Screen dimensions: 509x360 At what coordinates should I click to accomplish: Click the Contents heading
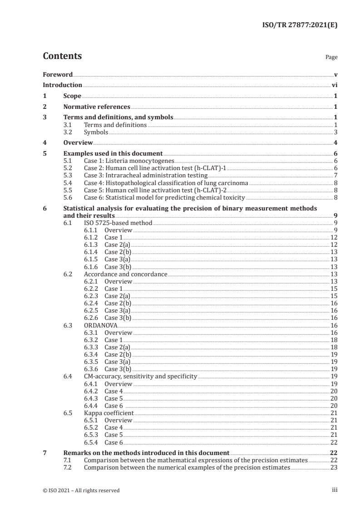[62, 57]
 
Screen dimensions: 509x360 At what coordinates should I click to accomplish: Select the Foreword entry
[58, 74]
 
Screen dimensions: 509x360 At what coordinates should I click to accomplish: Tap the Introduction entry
[62, 85]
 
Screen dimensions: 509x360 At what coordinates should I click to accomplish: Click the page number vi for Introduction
[334, 85]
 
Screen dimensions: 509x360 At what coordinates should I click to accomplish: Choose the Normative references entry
[97, 107]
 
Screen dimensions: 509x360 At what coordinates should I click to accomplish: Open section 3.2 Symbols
[96, 132]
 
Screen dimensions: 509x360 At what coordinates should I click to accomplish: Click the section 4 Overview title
[78, 143]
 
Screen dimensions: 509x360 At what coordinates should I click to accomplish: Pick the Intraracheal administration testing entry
[146, 175]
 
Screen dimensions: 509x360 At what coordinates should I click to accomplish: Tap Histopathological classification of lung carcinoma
[167, 183]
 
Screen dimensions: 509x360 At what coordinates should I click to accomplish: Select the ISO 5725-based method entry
[118, 223]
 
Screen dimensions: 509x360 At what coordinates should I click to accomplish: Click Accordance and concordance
[126, 274]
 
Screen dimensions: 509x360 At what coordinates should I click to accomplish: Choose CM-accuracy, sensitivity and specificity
[140, 377]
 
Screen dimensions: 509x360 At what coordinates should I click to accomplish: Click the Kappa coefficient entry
[109, 413]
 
